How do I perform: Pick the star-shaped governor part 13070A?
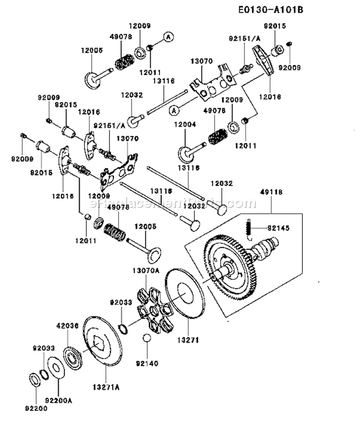click(153, 312)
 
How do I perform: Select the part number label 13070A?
click(145, 271)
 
